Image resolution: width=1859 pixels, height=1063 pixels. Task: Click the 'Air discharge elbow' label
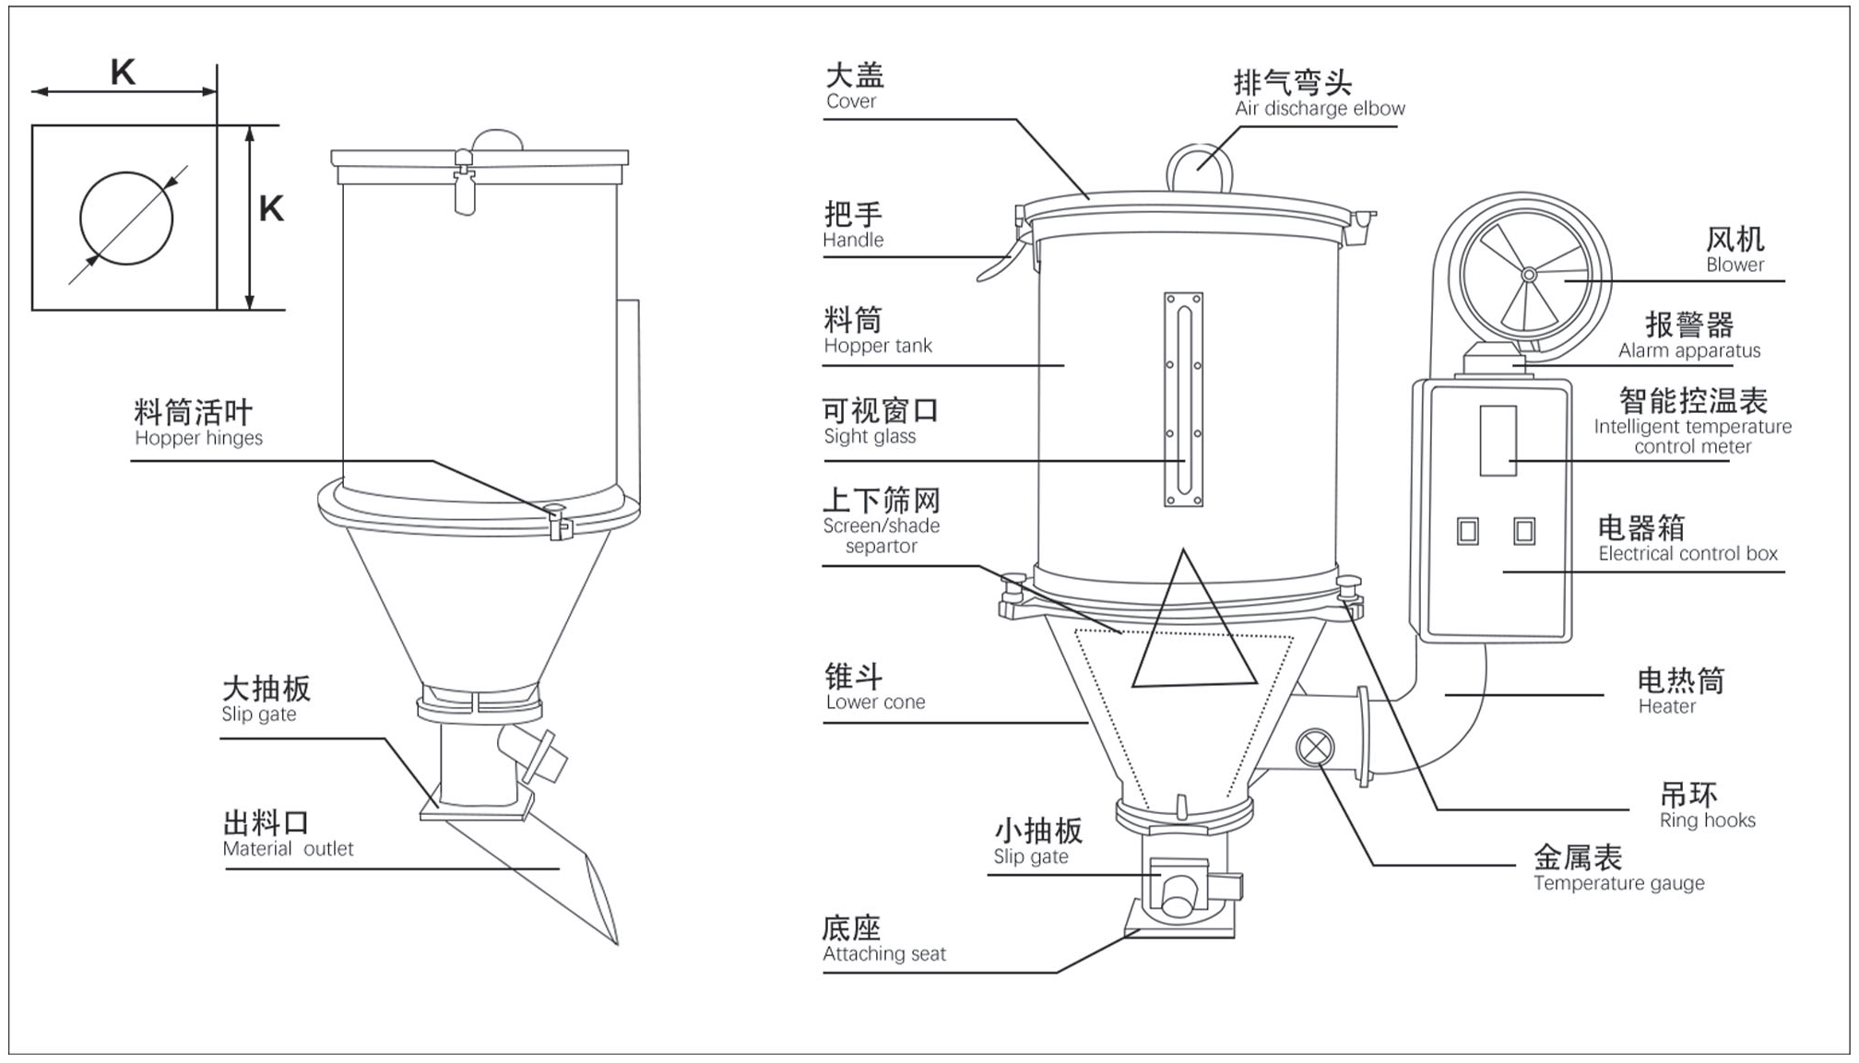pyautogui.click(x=1319, y=109)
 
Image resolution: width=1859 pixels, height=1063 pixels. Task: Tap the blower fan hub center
pyautogui.click(x=1528, y=275)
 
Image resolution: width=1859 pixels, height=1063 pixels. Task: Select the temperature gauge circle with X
pyautogui.click(x=1315, y=747)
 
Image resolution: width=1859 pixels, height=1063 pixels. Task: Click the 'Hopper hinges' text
pyautogui.click(x=198, y=438)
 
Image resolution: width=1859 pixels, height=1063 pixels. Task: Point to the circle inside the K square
pyautogui.click(x=126, y=219)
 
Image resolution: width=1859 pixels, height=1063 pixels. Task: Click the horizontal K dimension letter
pyautogui.click(x=123, y=72)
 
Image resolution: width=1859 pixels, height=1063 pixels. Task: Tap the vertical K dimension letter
pyautogui.click(x=271, y=209)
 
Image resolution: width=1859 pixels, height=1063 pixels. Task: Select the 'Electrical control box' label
pyautogui.click(x=1687, y=554)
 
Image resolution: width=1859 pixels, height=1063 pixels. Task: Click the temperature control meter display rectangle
pyautogui.click(x=1498, y=441)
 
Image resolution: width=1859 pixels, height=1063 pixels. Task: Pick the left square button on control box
pyautogui.click(x=1467, y=531)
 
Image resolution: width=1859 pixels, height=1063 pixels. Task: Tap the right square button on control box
pyautogui.click(x=1524, y=531)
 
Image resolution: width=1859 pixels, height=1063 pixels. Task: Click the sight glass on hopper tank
pyautogui.click(x=1183, y=399)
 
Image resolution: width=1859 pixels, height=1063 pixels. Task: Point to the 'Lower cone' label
pyautogui.click(x=875, y=703)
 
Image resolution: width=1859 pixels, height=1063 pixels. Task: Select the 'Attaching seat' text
pyautogui.click(x=884, y=954)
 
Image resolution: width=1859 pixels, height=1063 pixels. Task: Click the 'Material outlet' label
pyautogui.click(x=288, y=849)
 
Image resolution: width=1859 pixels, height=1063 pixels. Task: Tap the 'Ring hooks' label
pyautogui.click(x=1707, y=821)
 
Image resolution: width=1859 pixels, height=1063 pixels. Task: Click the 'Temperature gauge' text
pyautogui.click(x=1618, y=883)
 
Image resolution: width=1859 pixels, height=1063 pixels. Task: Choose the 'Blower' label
pyautogui.click(x=1735, y=265)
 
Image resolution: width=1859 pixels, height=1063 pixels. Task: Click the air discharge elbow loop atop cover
pyautogui.click(x=1199, y=167)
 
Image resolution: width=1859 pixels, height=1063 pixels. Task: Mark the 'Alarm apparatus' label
pyautogui.click(x=1688, y=350)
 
